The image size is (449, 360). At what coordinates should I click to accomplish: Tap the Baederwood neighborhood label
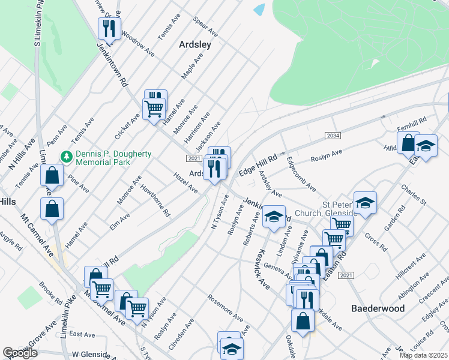tap(378, 308)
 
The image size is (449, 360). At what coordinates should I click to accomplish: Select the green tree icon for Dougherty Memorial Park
tap(67, 157)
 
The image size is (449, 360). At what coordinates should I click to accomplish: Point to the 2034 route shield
tap(333, 136)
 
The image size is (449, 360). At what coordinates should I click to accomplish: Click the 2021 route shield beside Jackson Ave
tap(193, 158)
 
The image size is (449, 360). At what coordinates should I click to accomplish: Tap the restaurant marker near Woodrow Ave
tap(109, 27)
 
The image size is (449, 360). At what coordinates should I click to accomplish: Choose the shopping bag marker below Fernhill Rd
tap(408, 143)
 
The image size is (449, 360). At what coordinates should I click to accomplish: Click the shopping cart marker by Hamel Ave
tap(154, 109)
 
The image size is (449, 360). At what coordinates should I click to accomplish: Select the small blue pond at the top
tap(259, 10)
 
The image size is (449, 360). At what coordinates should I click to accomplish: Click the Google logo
tap(20, 353)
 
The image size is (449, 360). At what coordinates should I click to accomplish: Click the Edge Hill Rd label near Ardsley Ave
tap(258, 164)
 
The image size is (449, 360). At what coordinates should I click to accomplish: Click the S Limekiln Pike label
tap(38, 24)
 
